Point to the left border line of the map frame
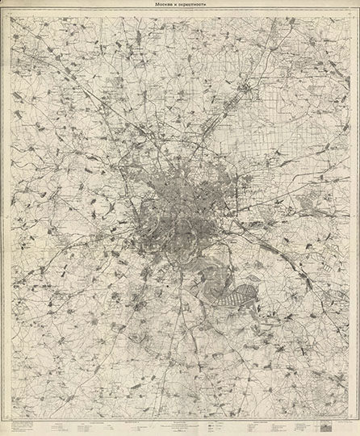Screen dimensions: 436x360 coord(10,218)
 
